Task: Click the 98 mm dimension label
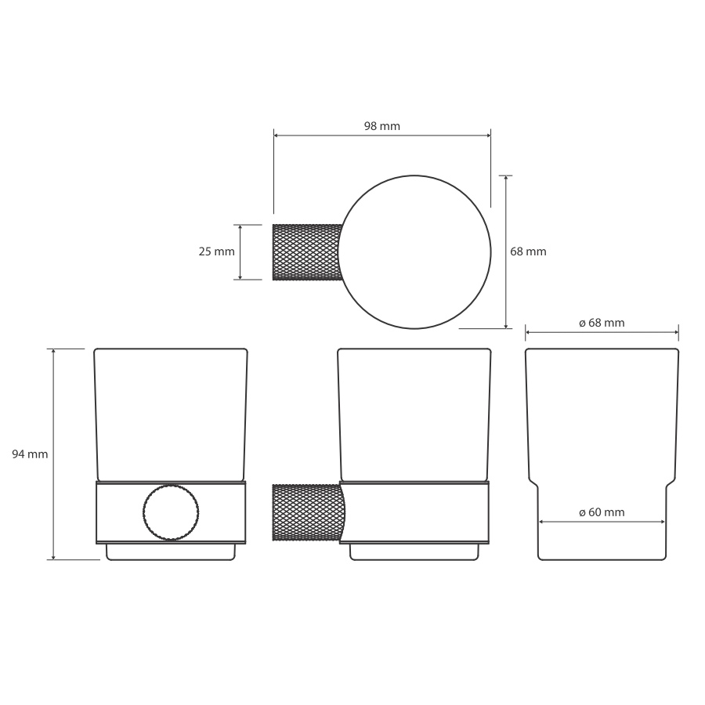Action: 381,126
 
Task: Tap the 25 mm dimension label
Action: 216,251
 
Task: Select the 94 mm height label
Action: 30,454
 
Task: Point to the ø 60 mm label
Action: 602,512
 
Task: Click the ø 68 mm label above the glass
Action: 602,323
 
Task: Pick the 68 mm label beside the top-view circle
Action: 528,251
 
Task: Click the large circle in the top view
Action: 491,251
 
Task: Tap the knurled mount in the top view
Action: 307,252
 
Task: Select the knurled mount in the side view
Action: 309,512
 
